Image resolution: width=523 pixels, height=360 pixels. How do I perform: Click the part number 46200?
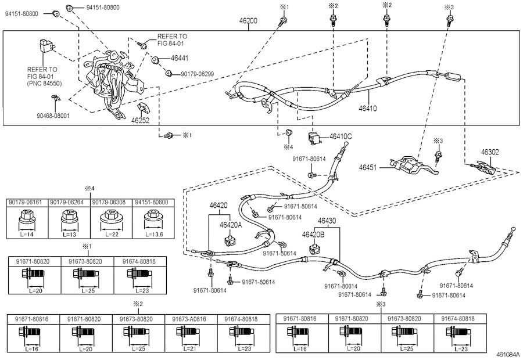pos(248,20)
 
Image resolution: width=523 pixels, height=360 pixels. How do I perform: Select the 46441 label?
pos(180,59)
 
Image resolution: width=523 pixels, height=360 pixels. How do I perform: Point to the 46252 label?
pos(141,121)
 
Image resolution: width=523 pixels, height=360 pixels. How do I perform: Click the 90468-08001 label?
pos(52,116)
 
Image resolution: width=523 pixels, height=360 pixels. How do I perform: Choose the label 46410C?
pos(341,136)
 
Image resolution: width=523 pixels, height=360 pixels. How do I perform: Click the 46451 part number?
pos(368,167)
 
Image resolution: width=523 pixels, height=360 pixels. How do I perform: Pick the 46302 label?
pos(489,152)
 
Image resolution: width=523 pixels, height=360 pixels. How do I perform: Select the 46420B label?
pos(313,234)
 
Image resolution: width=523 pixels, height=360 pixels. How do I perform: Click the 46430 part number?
pos(327,221)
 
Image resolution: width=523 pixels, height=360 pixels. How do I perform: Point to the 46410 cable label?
pos(368,108)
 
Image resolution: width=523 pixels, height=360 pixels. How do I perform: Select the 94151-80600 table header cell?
pos(152,201)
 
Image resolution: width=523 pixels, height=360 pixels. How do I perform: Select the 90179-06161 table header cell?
pos(27,201)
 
